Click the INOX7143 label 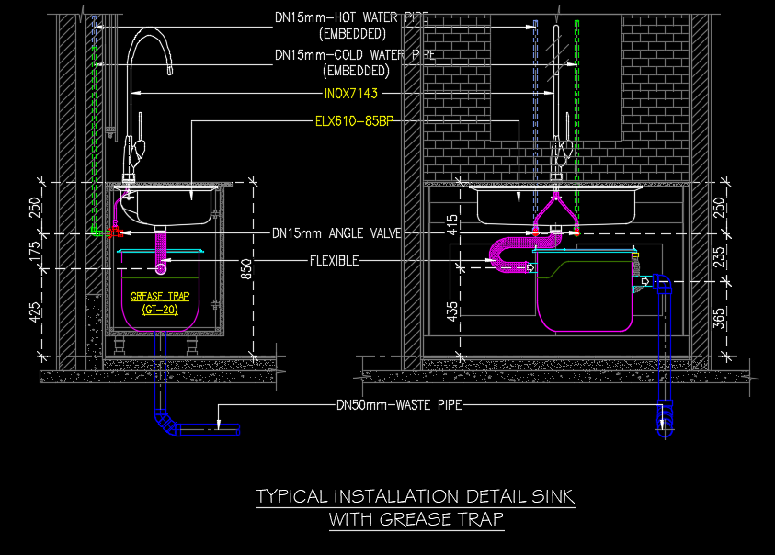[350, 94]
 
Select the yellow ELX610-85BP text [354, 120]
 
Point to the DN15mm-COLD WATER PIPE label [353, 55]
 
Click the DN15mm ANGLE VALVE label [336, 234]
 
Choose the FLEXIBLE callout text [334, 261]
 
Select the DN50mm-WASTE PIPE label [398, 404]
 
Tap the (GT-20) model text [160, 310]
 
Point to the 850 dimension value [245, 267]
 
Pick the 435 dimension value [452, 311]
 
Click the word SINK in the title [553, 497]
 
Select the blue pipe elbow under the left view [167, 425]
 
